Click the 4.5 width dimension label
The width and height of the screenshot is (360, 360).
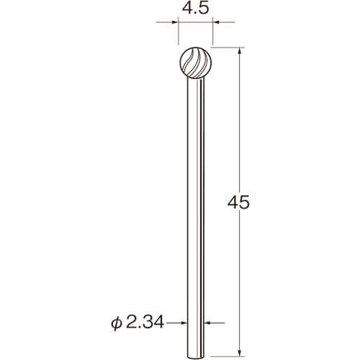click(x=196, y=9)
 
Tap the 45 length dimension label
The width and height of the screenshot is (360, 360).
click(x=238, y=203)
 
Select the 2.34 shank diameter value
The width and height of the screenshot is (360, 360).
click(x=145, y=323)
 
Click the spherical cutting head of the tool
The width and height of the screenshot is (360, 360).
click(x=196, y=63)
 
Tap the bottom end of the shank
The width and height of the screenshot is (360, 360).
click(x=196, y=358)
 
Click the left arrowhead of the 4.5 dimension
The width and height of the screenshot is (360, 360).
click(x=176, y=22)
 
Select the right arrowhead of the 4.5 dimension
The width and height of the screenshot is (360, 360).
click(x=216, y=22)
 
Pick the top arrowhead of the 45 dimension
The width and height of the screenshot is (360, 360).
click(x=239, y=51)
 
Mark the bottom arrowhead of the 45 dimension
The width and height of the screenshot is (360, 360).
click(x=239, y=353)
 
